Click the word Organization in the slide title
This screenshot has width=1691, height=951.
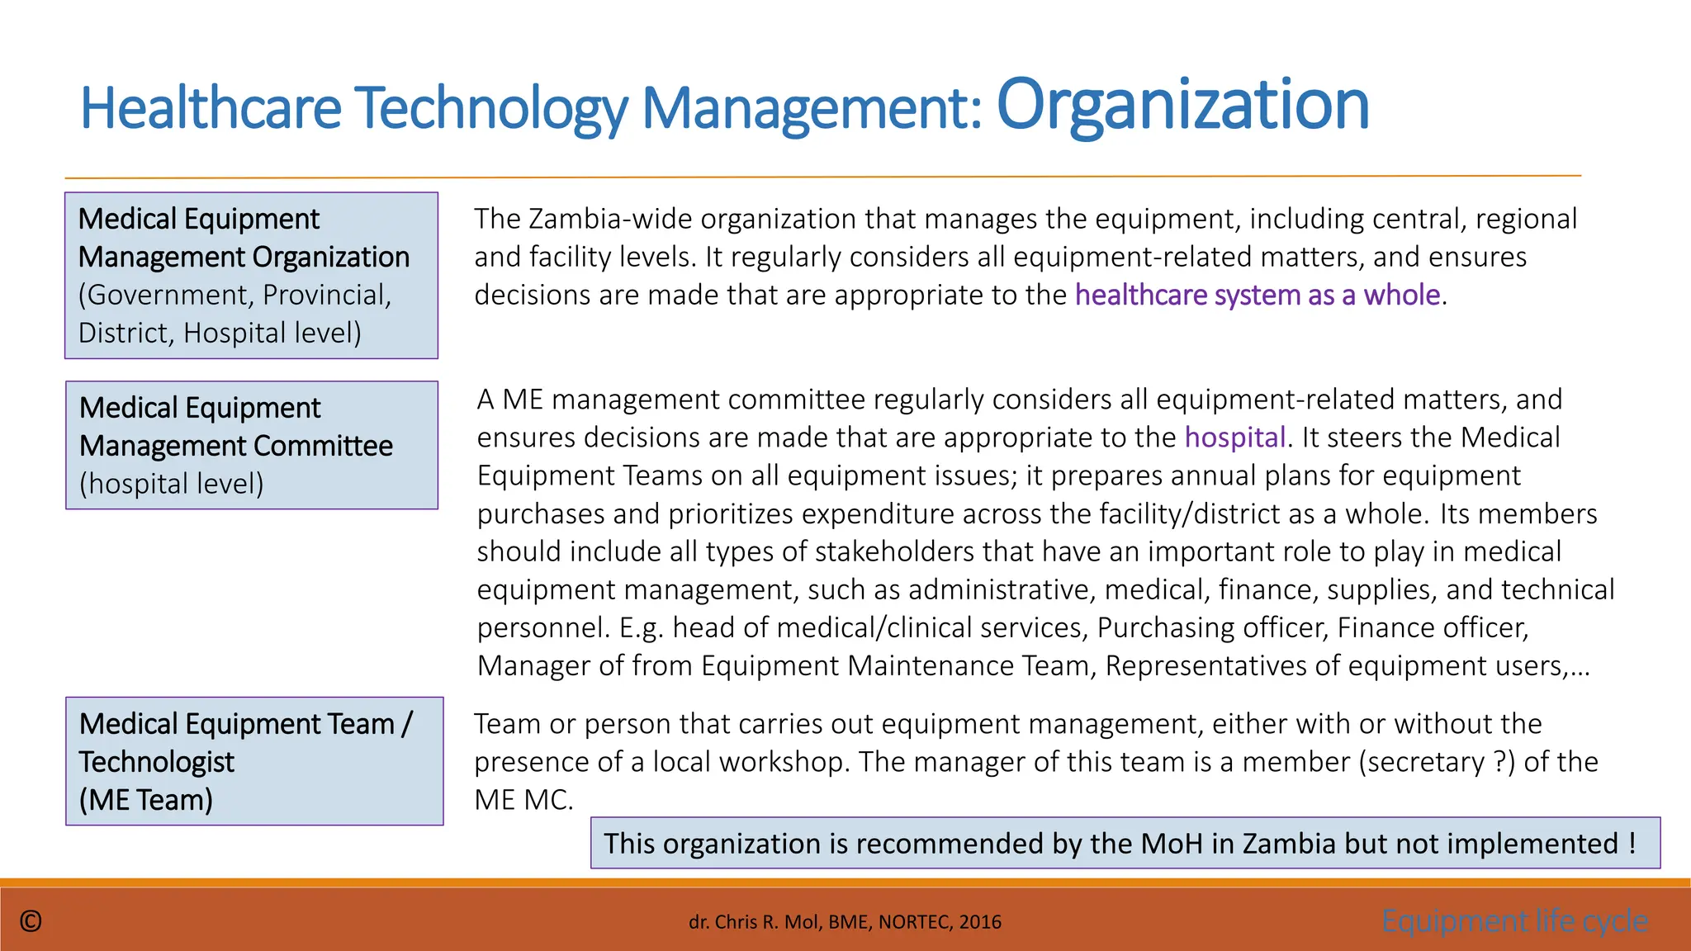(1182, 105)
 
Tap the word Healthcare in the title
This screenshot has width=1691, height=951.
(211, 108)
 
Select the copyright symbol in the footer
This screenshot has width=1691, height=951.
(31, 921)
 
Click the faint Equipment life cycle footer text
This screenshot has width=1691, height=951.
(1514, 920)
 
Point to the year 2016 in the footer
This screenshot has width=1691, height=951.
(980, 922)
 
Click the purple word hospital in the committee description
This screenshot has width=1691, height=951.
(1235, 438)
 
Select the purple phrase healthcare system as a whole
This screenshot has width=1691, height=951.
(1258, 295)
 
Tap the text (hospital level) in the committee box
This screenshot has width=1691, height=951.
(172, 484)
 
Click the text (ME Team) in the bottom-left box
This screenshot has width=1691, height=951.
(146, 800)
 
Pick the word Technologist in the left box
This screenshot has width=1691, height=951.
(157, 762)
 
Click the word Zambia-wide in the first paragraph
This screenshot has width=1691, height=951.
(609, 219)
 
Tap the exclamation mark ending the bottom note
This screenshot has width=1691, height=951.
(1632, 844)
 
